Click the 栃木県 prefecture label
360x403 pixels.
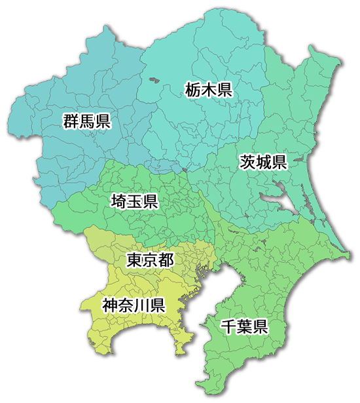(209, 90)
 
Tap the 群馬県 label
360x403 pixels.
(86, 121)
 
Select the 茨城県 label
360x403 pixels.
(263, 162)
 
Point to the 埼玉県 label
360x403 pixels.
(134, 201)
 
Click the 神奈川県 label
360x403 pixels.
(134, 305)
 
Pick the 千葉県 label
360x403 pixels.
(244, 326)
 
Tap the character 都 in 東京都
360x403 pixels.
(166, 261)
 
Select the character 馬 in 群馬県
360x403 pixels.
(86, 121)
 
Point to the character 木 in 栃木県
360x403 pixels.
(209, 90)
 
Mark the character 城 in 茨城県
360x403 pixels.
(263, 162)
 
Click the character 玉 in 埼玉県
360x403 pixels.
(134, 201)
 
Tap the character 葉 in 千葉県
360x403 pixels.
(244, 326)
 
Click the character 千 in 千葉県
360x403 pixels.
(228, 326)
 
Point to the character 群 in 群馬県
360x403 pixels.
(71, 121)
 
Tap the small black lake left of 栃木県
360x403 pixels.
(154, 81)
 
